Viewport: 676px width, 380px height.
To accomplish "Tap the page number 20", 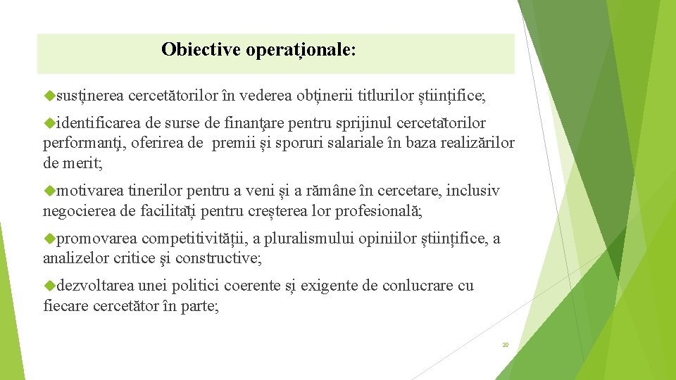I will tap(505, 345).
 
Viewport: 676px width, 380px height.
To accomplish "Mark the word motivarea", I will tap(90, 191).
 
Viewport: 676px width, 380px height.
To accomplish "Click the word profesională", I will tap(377, 211).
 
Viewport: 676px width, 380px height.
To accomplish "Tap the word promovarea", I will tap(97, 239).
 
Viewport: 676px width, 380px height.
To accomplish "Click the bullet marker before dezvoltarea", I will tap(49, 286).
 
